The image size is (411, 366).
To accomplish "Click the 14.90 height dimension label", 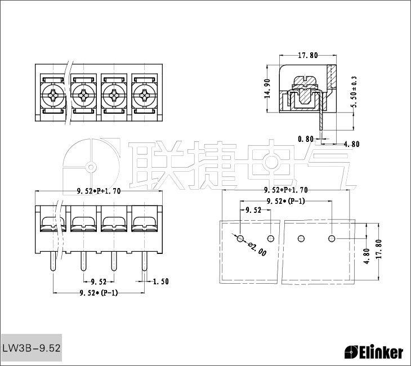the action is pyautogui.click(x=267, y=88).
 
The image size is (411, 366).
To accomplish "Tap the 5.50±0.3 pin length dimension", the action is pyautogui.click(x=354, y=92).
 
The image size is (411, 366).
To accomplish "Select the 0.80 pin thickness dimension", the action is pyautogui.click(x=306, y=139).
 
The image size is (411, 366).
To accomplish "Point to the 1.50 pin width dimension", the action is pyautogui.click(x=160, y=282).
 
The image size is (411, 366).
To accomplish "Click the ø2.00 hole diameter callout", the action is pyautogui.click(x=257, y=249).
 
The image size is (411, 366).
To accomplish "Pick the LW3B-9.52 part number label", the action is pyautogui.click(x=32, y=348).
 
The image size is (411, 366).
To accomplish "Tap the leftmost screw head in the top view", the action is pyautogui.click(x=53, y=95).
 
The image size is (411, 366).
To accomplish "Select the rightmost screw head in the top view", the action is pyautogui.click(x=144, y=95).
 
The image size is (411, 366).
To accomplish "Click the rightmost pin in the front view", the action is pyautogui.click(x=145, y=261).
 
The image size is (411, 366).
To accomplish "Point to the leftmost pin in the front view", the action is pyautogui.click(x=53, y=261).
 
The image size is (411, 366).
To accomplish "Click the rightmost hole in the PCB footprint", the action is pyautogui.click(x=332, y=239).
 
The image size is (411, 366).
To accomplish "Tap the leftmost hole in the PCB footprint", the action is pyautogui.click(x=240, y=239).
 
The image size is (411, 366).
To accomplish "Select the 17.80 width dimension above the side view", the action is pyautogui.click(x=308, y=55).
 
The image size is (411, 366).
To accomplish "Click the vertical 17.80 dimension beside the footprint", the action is pyautogui.click(x=379, y=249).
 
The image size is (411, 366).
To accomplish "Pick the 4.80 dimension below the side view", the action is pyautogui.click(x=351, y=144).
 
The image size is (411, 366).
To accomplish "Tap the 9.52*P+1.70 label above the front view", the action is pyautogui.click(x=99, y=191).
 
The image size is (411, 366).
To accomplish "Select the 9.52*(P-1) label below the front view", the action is pyautogui.click(x=99, y=293).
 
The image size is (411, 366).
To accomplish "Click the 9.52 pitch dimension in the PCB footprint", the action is pyautogui.click(x=253, y=210).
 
